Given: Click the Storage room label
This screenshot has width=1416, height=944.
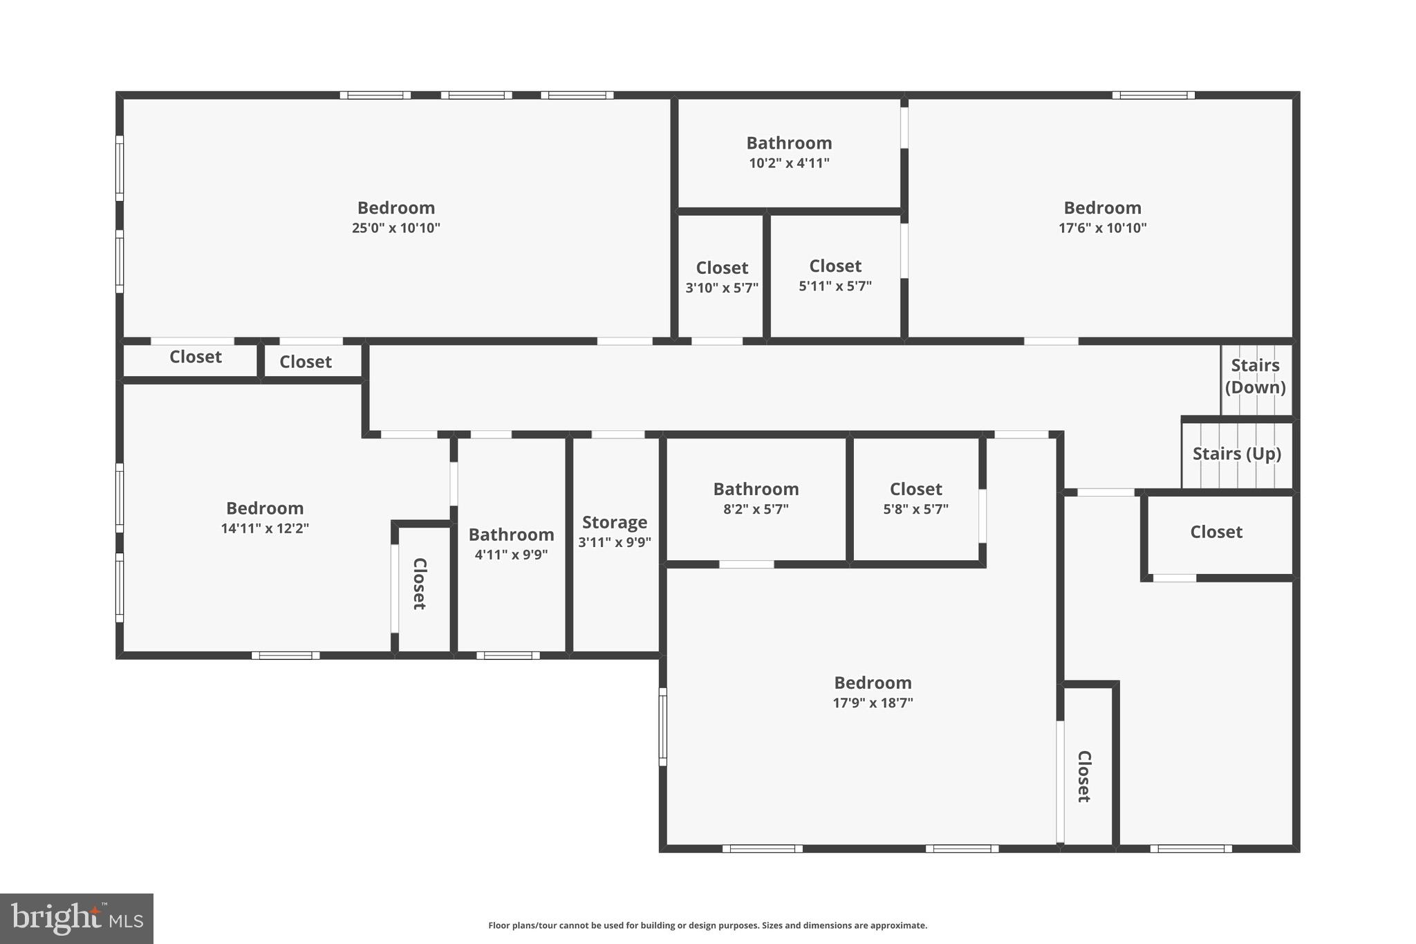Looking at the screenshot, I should coord(615,522).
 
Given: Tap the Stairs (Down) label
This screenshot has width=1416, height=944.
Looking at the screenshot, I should coord(1255,376).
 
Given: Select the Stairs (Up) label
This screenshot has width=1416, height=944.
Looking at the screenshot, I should coord(1236,454).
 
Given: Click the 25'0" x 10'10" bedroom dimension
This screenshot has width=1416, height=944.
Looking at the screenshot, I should coord(395,228).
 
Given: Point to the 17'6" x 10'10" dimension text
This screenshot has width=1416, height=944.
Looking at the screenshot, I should coord(1102,228).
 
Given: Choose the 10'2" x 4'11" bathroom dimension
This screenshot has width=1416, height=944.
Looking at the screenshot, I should coord(789,163).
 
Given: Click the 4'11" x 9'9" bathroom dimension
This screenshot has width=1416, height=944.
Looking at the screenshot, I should coord(511,555).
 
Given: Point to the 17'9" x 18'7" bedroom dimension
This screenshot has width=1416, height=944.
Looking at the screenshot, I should coord(873,703).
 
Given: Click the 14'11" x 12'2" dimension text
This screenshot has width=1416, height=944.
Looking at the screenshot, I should coord(265,528).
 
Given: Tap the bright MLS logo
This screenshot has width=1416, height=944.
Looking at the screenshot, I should coord(77,918).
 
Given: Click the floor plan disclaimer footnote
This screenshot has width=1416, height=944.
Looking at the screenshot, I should coord(707,925).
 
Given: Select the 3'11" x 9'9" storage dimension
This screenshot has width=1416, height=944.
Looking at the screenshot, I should coord(615,542).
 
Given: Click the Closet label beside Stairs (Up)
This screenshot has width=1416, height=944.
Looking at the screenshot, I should coord(1216,532).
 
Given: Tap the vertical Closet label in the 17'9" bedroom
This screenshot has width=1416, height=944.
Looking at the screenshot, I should coord(1084,776).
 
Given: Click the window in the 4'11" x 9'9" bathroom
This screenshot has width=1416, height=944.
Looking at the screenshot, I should coord(508,655).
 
